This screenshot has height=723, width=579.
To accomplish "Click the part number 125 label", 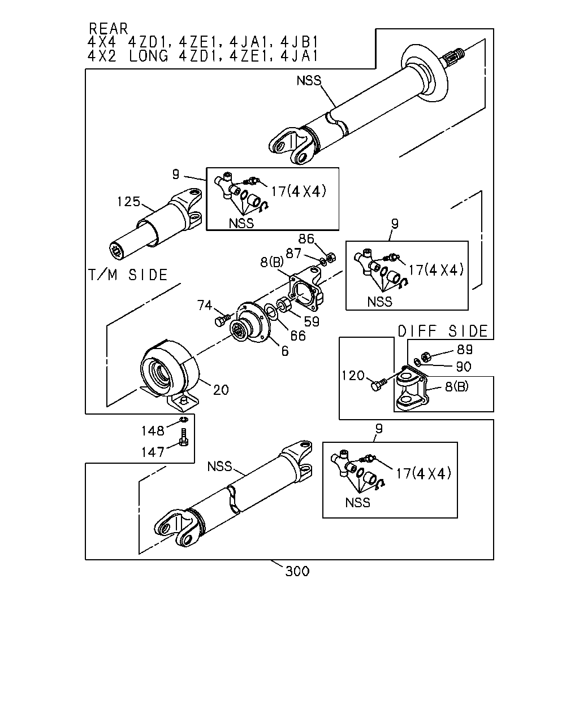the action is pyautogui.click(x=128, y=202).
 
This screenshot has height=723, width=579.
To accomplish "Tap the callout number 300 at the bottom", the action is pyautogui.click(x=297, y=571).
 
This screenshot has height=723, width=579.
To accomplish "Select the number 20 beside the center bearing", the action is pyautogui.click(x=221, y=390).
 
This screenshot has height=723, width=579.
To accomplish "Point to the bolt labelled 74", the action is pyautogui.click(x=222, y=320).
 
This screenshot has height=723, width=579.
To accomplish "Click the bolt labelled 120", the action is pyautogui.click(x=378, y=384).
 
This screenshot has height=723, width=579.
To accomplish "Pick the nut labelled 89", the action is pyautogui.click(x=426, y=356).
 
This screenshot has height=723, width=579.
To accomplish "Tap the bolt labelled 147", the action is pyautogui.click(x=183, y=437).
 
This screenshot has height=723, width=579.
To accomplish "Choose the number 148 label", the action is pyautogui.click(x=153, y=431).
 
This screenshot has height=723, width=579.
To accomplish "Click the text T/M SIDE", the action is pyautogui.click(x=128, y=275).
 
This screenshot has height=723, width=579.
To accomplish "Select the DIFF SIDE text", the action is pyautogui.click(x=443, y=331).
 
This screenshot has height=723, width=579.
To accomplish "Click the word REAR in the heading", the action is pyautogui.click(x=109, y=29).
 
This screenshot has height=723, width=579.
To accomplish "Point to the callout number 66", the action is pyautogui.click(x=298, y=336).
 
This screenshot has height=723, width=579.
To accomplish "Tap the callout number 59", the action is pyautogui.click(x=312, y=321).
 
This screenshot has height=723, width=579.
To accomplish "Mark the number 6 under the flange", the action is pyautogui.click(x=285, y=351).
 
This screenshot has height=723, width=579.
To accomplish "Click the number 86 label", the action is pyautogui.click(x=306, y=239).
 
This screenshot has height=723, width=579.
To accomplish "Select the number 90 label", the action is pyautogui.click(x=464, y=367).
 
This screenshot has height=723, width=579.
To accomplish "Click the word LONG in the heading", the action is pyautogui.click(x=148, y=56).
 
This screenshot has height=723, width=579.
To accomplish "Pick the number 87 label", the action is pyautogui.click(x=293, y=253).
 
